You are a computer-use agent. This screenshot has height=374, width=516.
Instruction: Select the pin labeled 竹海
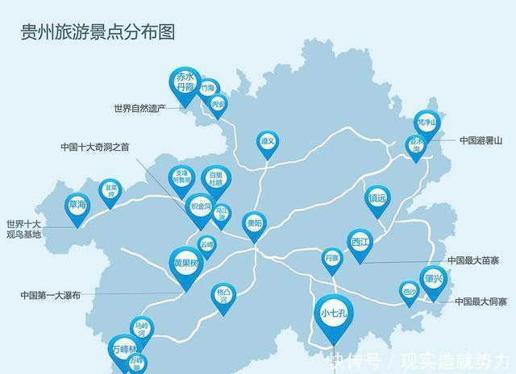208,88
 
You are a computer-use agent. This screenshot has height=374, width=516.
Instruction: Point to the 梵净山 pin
428,123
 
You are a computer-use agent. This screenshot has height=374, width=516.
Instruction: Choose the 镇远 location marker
377,197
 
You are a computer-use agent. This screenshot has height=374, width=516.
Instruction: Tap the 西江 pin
360,242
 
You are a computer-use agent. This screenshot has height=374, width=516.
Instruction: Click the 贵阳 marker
254,224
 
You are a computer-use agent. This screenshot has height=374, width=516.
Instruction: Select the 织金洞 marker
200,207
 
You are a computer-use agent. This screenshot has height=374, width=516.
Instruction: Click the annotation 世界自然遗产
139,107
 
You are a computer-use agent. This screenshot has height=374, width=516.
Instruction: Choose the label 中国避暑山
481,139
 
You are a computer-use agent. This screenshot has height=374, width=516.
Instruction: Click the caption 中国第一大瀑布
51,295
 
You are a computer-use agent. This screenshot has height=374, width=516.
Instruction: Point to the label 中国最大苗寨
473,260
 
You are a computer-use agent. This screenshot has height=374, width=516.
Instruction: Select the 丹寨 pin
331,259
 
